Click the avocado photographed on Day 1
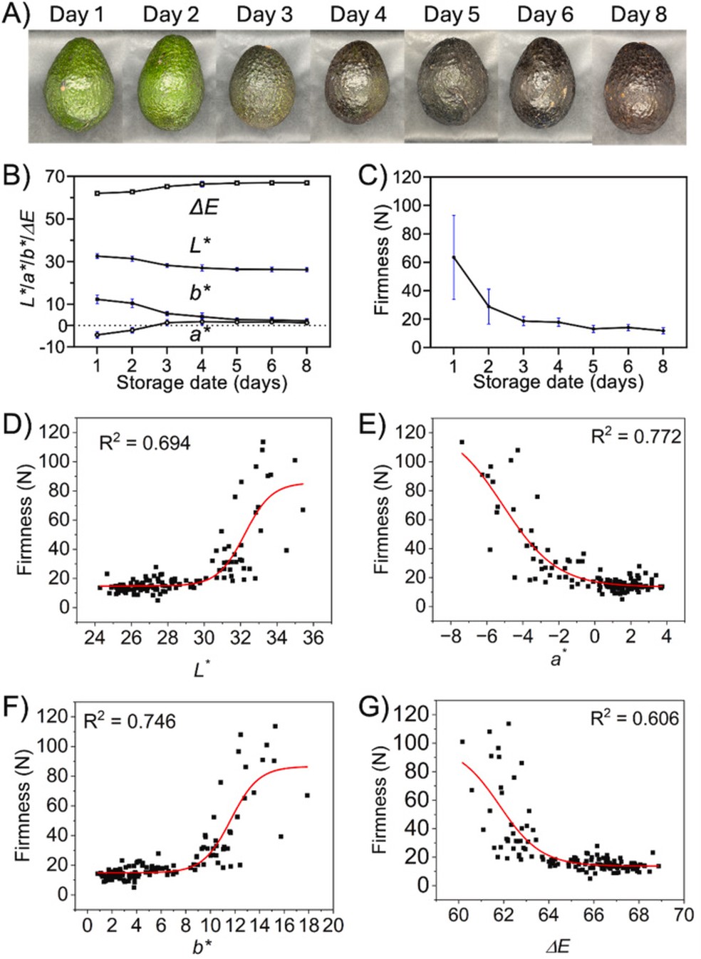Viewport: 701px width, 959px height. [x=76, y=88]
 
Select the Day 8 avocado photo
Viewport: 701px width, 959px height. [x=638, y=89]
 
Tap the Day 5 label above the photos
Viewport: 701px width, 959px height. [x=452, y=14]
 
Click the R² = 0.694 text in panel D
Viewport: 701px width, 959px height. [x=145, y=443]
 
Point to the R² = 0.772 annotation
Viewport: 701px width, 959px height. [x=636, y=436]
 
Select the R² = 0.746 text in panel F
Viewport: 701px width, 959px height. [x=130, y=721]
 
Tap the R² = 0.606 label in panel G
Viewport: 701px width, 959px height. [x=635, y=718]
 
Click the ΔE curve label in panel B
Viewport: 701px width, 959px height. [x=204, y=207]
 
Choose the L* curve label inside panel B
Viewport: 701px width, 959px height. [x=200, y=245]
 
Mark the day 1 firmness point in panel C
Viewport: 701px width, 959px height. [x=453, y=257]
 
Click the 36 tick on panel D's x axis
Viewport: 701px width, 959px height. [x=313, y=637]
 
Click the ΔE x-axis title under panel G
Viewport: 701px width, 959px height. [x=557, y=946]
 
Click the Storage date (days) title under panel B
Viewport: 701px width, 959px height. [x=202, y=383]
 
